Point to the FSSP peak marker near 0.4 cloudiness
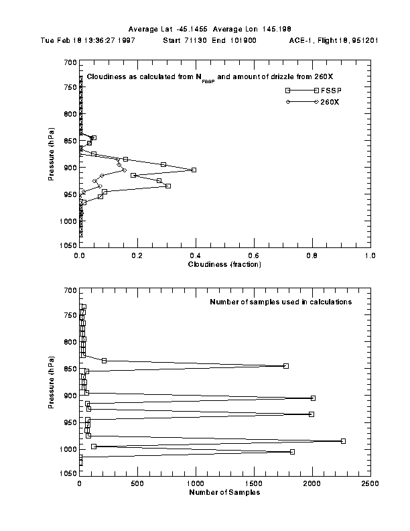pos(194,170)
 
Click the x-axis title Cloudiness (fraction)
pos(225,264)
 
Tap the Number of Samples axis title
pos(225,492)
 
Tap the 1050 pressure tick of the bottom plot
pos(67,474)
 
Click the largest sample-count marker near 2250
pos(343,441)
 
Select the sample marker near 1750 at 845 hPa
pos(286,366)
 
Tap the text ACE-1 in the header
pos(299,40)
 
